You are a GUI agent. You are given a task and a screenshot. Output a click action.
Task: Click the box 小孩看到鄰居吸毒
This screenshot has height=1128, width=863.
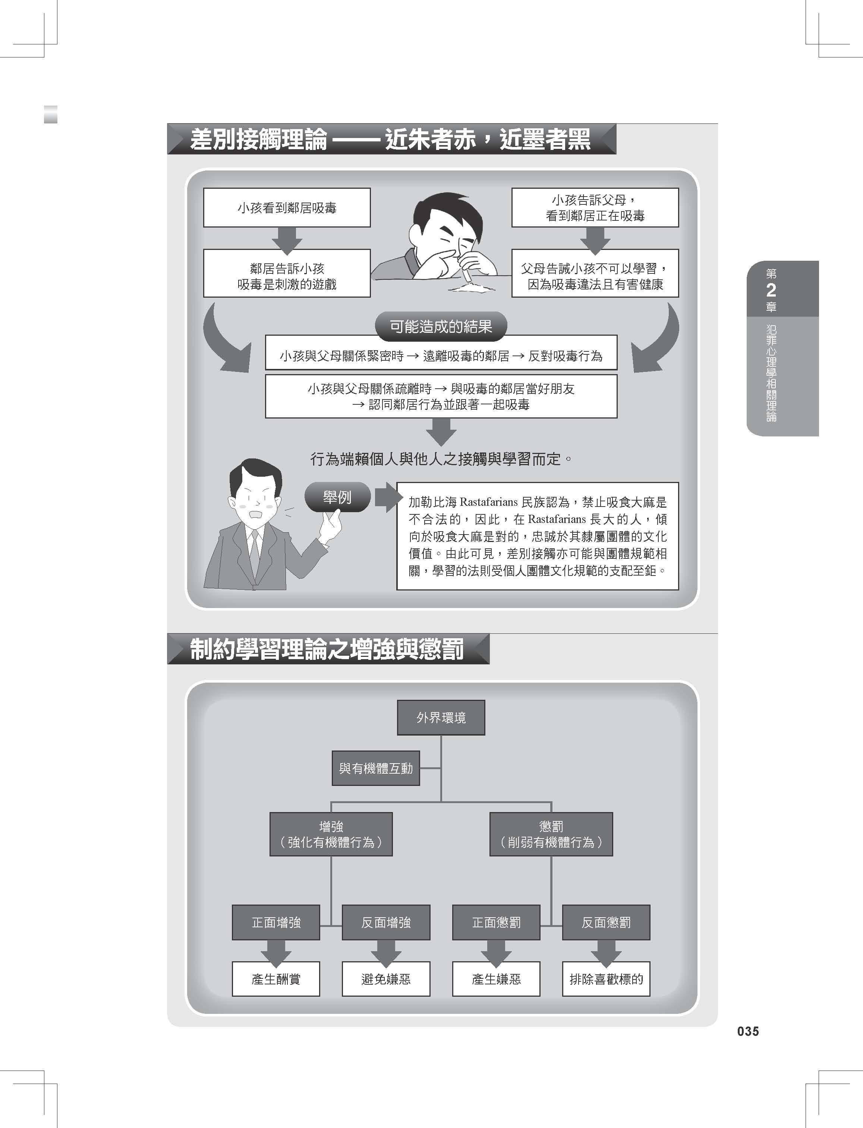[x=287, y=208]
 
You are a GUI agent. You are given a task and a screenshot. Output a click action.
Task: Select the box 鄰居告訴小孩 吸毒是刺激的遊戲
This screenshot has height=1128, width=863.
[x=287, y=273]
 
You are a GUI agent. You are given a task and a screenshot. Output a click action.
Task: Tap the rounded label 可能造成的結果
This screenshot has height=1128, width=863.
[x=441, y=326]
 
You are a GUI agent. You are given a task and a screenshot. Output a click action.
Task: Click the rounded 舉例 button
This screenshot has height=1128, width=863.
[x=337, y=497]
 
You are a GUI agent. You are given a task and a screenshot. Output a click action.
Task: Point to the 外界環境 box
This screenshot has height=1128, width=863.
[x=441, y=717]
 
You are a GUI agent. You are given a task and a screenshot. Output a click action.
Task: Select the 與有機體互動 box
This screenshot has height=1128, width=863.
[x=375, y=768]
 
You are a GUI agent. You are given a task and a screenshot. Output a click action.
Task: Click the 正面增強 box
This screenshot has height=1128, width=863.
[x=276, y=922]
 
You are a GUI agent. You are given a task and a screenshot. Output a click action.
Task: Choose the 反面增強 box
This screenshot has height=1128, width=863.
[x=386, y=922]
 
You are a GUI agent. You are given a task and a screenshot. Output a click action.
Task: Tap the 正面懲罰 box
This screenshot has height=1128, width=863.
[x=496, y=922]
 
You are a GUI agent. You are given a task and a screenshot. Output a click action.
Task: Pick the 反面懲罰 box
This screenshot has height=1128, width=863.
[x=606, y=922]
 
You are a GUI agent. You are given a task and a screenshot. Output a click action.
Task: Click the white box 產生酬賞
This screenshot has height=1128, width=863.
[x=276, y=979]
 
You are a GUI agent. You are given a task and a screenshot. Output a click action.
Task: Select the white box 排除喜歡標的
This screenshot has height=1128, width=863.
[x=606, y=979]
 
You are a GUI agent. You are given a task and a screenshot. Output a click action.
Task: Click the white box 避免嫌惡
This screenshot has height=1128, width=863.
[x=386, y=979]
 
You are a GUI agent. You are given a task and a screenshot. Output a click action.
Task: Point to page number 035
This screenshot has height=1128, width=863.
[x=747, y=1031]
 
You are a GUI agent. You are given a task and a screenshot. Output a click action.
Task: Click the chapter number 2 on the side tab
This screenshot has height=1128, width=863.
[x=771, y=290]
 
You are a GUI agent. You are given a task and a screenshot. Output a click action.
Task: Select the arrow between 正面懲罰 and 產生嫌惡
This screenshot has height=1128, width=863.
[x=496, y=951]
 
